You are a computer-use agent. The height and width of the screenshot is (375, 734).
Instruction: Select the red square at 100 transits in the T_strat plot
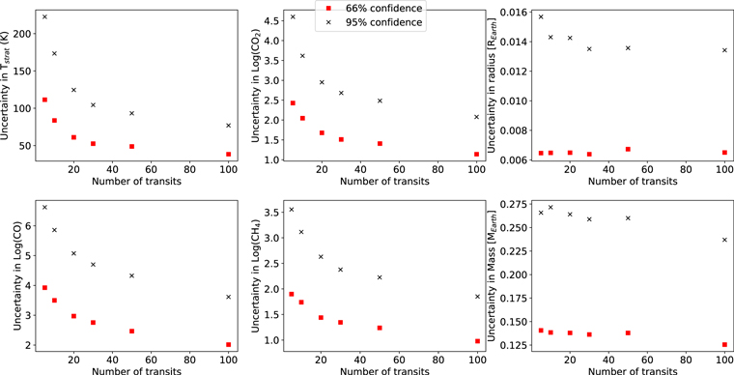[228, 154]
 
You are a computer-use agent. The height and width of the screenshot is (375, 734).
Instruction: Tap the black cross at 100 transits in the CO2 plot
[476, 117]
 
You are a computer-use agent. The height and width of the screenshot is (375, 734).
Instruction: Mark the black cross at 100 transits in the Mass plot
[724, 240]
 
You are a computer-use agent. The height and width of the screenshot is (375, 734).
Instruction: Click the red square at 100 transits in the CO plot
[228, 344]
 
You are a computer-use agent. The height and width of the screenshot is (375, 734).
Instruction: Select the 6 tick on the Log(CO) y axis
[31, 226]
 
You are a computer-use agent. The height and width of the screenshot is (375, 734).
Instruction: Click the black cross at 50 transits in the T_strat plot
[131, 113]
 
